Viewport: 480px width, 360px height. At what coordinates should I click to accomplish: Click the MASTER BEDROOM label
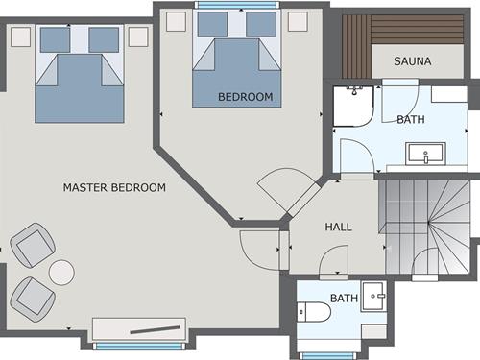pos(114,187)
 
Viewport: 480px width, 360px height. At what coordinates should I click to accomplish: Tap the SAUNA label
pos(413,61)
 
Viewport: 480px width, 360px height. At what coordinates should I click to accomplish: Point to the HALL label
pos(338,227)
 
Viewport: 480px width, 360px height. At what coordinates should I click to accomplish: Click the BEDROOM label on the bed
pos(246,97)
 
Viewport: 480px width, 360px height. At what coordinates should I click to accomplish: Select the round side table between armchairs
pos(61,273)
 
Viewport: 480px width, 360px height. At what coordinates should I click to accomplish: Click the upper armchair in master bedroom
pos(33,245)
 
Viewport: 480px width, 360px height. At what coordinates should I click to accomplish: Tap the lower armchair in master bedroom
pos(33,300)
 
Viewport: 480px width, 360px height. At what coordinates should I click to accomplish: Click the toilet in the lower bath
pos(314,312)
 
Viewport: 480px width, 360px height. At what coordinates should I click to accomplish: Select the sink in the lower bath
pos(374,297)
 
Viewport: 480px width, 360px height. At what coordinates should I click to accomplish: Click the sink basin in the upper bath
pos(425,154)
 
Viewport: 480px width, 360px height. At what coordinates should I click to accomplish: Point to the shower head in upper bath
pos(354,91)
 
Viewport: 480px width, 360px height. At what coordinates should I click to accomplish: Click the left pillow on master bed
pos(55,40)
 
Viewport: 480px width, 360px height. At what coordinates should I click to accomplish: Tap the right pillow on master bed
pos(104,40)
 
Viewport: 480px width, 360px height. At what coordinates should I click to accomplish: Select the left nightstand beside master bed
pos(21,37)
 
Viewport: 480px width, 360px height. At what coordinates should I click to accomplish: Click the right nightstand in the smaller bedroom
pos(298,21)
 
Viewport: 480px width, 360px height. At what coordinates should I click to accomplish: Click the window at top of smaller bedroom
pos(237,5)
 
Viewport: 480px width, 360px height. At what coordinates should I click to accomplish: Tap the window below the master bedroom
pos(139,347)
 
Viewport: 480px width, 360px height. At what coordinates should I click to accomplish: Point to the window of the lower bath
pos(326,356)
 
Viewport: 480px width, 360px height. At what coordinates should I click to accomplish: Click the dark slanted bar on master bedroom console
pos(156,330)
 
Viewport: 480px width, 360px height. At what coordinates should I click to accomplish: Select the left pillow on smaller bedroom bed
pos(212,24)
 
